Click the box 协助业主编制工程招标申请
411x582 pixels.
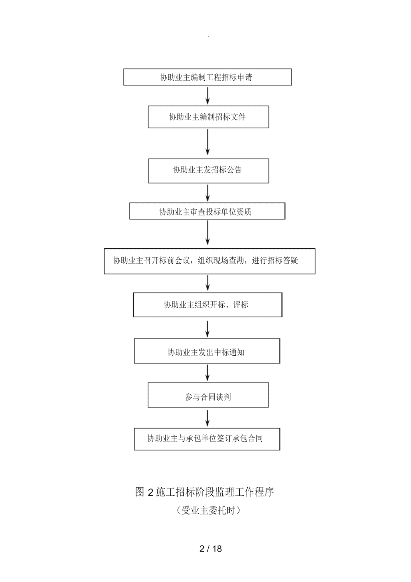(x=208, y=77)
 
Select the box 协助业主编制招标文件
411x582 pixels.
(x=208, y=117)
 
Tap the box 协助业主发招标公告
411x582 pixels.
(x=208, y=171)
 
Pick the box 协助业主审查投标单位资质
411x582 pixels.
(x=207, y=211)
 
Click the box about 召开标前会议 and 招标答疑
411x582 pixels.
(x=210, y=261)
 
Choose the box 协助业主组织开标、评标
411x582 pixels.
(x=208, y=305)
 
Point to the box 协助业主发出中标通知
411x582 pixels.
(x=207, y=351)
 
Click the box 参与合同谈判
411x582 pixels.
(x=208, y=395)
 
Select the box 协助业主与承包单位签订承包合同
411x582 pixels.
(x=207, y=439)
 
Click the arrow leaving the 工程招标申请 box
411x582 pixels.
(x=208, y=96)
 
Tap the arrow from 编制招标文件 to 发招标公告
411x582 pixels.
(x=208, y=142)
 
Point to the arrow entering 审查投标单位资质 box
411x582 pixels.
(x=208, y=193)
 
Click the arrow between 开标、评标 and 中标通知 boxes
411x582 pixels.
(x=208, y=329)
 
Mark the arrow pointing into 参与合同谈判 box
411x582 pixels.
(x=208, y=373)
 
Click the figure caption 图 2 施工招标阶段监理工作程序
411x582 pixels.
(x=204, y=492)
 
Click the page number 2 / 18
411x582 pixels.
(x=210, y=548)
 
